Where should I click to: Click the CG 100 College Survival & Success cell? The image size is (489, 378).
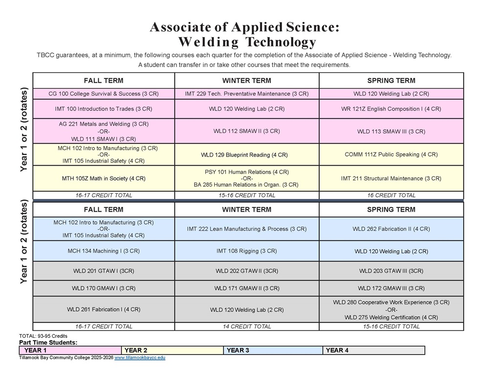coord(104,93)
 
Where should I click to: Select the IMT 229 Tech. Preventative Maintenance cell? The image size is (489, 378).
coord(246,93)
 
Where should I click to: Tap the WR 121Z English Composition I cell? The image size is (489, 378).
coord(391,109)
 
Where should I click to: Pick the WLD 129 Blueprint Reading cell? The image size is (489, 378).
coord(246,155)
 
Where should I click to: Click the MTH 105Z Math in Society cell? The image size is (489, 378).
coord(104,178)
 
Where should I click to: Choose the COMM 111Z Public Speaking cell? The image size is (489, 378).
coord(391,155)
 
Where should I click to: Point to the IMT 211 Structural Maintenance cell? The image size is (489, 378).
coord(391,178)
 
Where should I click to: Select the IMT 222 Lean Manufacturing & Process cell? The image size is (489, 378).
coord(246,229)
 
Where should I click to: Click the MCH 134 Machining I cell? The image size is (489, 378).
coord(104,251)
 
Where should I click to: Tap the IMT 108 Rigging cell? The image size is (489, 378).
coord(246,251)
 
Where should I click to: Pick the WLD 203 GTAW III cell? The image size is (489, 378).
coord(391,271)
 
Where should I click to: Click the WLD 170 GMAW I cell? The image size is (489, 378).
coord(104,289)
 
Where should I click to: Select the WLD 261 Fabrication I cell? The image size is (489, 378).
coord(104,310)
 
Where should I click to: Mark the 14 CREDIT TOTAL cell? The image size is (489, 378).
coord(246,326)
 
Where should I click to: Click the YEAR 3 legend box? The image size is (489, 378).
coord(273,350)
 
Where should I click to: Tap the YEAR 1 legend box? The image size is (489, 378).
coord(70,350)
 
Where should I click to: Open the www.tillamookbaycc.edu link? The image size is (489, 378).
coord(140,358)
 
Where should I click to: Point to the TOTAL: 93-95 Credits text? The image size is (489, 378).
coord(43,336)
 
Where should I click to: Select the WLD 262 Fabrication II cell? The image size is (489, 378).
coord(391,229)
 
